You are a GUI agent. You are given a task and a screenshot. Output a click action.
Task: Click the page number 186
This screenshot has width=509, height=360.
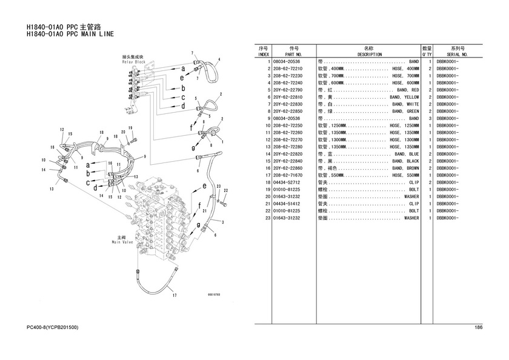point(479,328)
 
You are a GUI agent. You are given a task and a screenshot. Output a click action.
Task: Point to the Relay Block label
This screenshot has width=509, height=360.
point(133,62)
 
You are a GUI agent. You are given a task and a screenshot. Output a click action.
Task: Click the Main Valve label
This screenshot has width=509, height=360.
point(122,242)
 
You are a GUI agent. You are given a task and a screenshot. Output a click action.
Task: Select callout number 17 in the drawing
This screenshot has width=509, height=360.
point(174,296)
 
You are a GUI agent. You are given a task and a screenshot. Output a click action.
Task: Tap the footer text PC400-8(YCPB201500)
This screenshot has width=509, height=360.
point(53,328)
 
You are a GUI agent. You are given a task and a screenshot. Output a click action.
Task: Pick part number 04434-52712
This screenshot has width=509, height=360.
point(288,182)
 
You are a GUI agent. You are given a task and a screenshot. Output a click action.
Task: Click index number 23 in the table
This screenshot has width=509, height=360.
point(267,218)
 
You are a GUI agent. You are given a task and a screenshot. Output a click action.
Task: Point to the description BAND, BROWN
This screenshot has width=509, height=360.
point(404,168)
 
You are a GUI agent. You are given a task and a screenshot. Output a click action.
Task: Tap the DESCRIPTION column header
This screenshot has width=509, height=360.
point(370,55)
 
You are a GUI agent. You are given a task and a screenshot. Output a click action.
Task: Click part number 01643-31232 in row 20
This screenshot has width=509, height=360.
point(288,196)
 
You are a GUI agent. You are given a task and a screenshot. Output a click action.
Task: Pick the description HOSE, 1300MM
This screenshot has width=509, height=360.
point(404,139)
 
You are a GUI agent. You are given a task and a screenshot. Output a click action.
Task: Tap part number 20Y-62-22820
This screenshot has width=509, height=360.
point(288,154)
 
